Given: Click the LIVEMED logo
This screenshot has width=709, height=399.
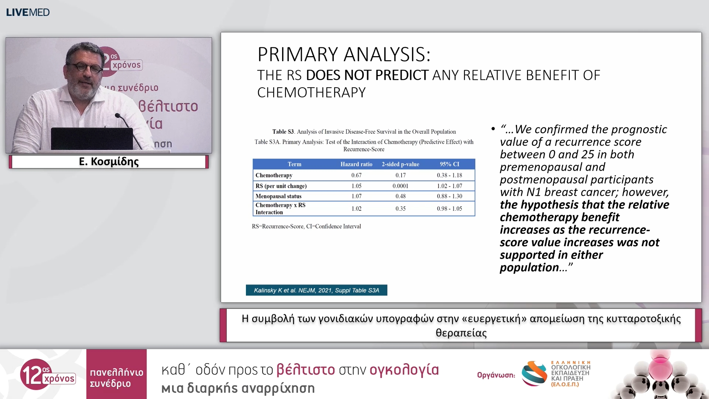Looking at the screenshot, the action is pos(28,12).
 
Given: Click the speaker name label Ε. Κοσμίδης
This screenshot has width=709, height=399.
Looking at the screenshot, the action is pos(109,161).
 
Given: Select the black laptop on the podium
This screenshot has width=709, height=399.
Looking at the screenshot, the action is pos(92,139).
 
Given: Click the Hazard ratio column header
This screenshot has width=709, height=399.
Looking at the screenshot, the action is pos(356,164).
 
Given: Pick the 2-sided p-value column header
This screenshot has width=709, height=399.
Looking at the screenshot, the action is pos(400,164).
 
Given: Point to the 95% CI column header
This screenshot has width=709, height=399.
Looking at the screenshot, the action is pos(449,164).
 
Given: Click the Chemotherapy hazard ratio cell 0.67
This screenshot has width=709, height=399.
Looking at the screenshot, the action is pos(356,175).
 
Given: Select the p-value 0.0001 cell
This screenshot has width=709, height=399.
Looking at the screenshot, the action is pos(400,186).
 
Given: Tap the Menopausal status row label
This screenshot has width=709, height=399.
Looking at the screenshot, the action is pos(278,196).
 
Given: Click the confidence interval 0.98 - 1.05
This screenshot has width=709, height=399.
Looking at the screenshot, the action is pos(449,208).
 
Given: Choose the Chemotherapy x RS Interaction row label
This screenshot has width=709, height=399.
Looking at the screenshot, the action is pos(280,208).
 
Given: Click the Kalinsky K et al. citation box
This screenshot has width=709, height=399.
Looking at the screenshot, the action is pos(316,290).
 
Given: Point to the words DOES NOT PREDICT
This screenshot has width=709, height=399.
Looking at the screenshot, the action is pos(367,75).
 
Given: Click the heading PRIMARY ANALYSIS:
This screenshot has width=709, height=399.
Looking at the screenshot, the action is pos(344,54).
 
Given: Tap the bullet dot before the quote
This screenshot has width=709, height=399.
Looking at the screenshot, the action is pos(493,129).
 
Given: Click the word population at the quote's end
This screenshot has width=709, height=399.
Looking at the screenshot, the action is pos(529,267).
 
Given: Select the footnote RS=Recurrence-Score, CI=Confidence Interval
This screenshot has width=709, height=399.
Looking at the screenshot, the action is pos(306,226).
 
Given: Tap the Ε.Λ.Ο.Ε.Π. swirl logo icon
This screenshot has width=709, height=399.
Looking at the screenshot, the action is pos(534,374).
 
